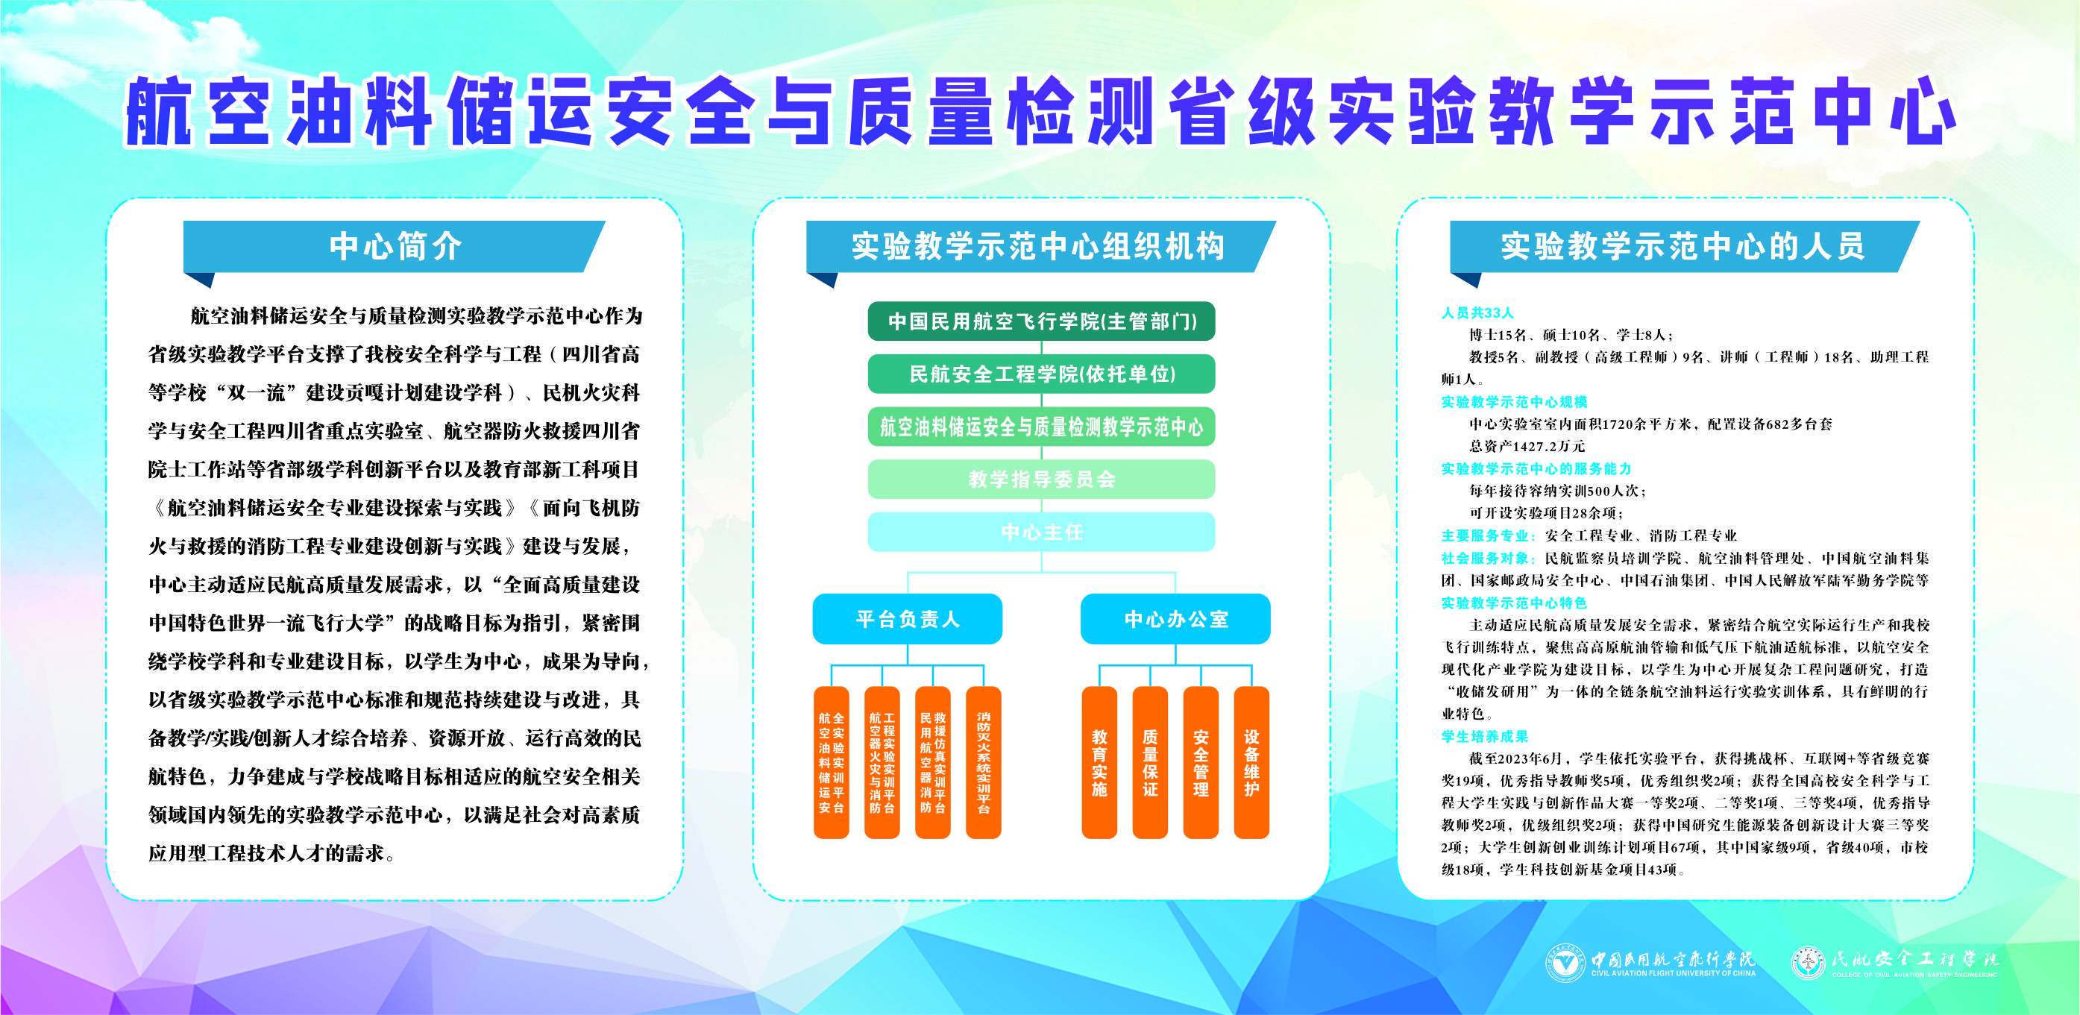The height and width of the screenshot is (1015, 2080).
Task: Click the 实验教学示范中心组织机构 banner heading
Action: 1038,246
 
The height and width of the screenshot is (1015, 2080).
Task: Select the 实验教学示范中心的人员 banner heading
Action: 1682,246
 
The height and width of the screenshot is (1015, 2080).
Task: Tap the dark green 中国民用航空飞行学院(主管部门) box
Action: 1042,321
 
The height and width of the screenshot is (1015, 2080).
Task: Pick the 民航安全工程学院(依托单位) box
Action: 1042,374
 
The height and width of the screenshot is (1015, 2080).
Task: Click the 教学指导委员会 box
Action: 1042,480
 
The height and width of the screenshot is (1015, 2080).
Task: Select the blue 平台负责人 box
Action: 908,619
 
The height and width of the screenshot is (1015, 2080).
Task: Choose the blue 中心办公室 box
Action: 1175,619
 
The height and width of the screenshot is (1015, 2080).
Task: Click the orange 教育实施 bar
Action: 1100,762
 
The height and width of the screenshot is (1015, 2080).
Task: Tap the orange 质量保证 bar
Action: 1151,762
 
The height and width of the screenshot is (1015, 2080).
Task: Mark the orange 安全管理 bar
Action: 1201,762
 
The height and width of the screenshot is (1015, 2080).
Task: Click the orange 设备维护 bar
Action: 1251,762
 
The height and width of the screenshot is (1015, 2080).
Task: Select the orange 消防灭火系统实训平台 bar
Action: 984,762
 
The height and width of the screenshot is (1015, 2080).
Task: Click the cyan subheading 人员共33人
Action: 1477,312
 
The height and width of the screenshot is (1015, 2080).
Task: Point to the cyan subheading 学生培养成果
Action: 1485,736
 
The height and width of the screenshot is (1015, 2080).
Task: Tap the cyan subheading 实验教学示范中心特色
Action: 1514,603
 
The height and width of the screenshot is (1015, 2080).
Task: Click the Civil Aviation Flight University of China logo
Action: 1650,962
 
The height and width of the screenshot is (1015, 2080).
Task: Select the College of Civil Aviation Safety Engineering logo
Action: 1894,962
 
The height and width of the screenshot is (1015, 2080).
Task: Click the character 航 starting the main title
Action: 159,110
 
